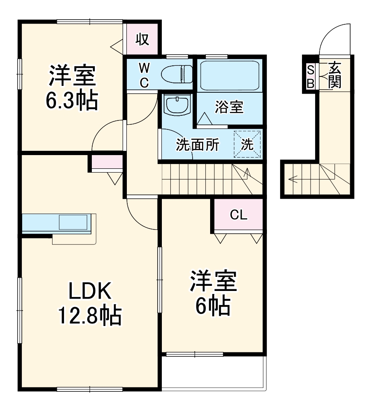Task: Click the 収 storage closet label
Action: [143, 39]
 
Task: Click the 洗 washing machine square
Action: [247, 144]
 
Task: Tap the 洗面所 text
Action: [198, 145]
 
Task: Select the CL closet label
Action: [238, 215]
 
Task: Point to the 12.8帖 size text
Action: [90, 316]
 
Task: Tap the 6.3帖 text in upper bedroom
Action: [72, 100]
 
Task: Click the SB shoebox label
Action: [310, 76]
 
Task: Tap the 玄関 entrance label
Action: [335, 76]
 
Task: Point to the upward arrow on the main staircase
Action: [247, 173]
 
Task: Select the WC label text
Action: [144, 75]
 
